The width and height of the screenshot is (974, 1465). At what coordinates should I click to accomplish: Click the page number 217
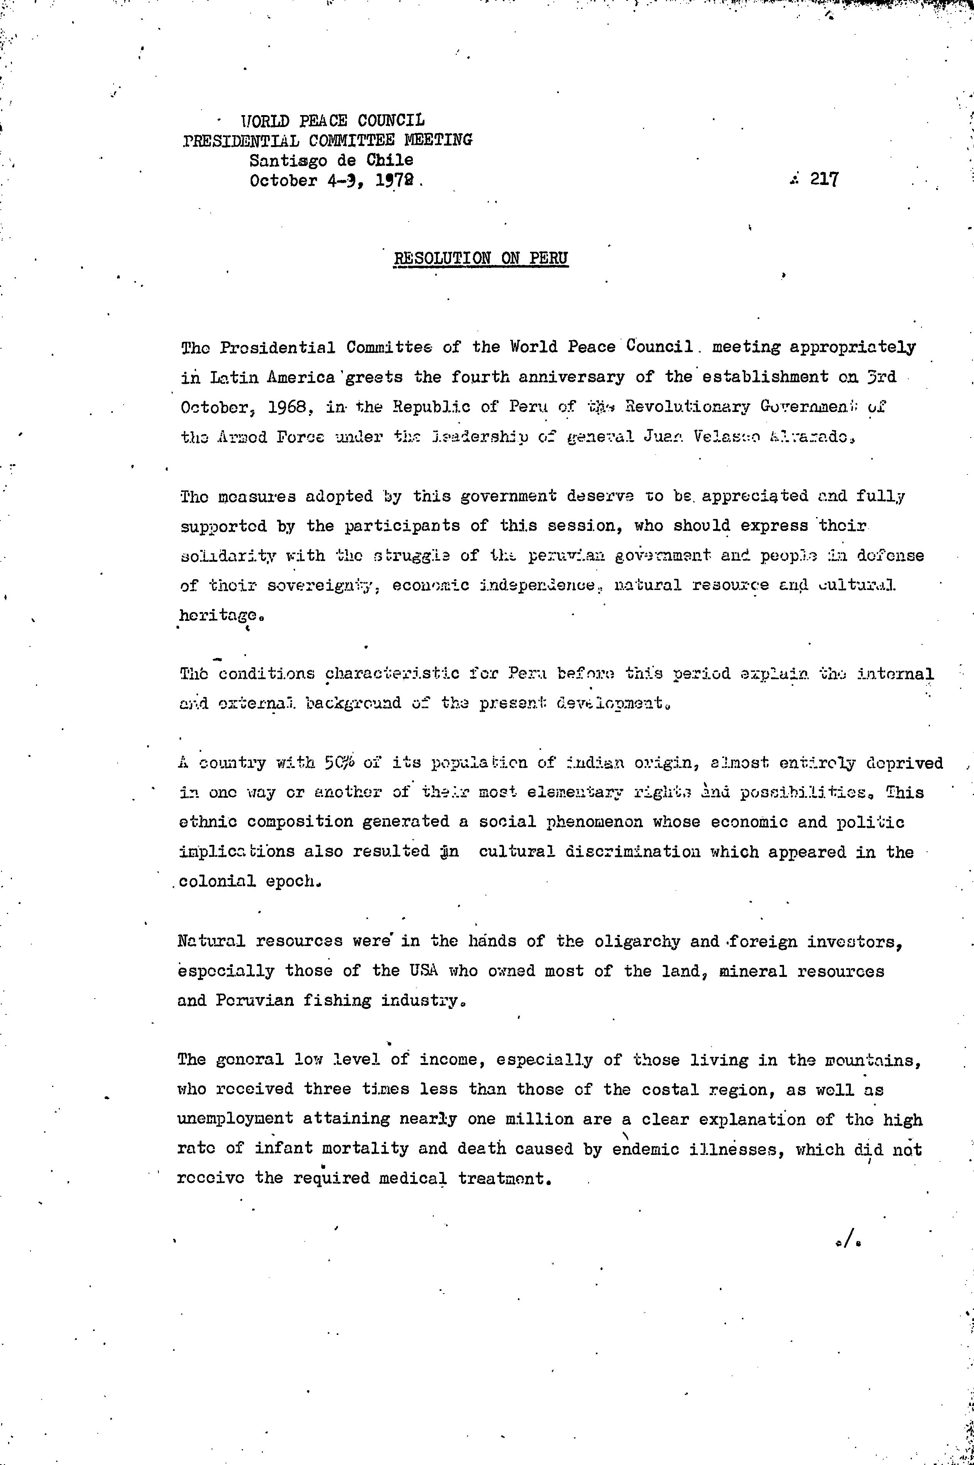(x=824, y=180)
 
